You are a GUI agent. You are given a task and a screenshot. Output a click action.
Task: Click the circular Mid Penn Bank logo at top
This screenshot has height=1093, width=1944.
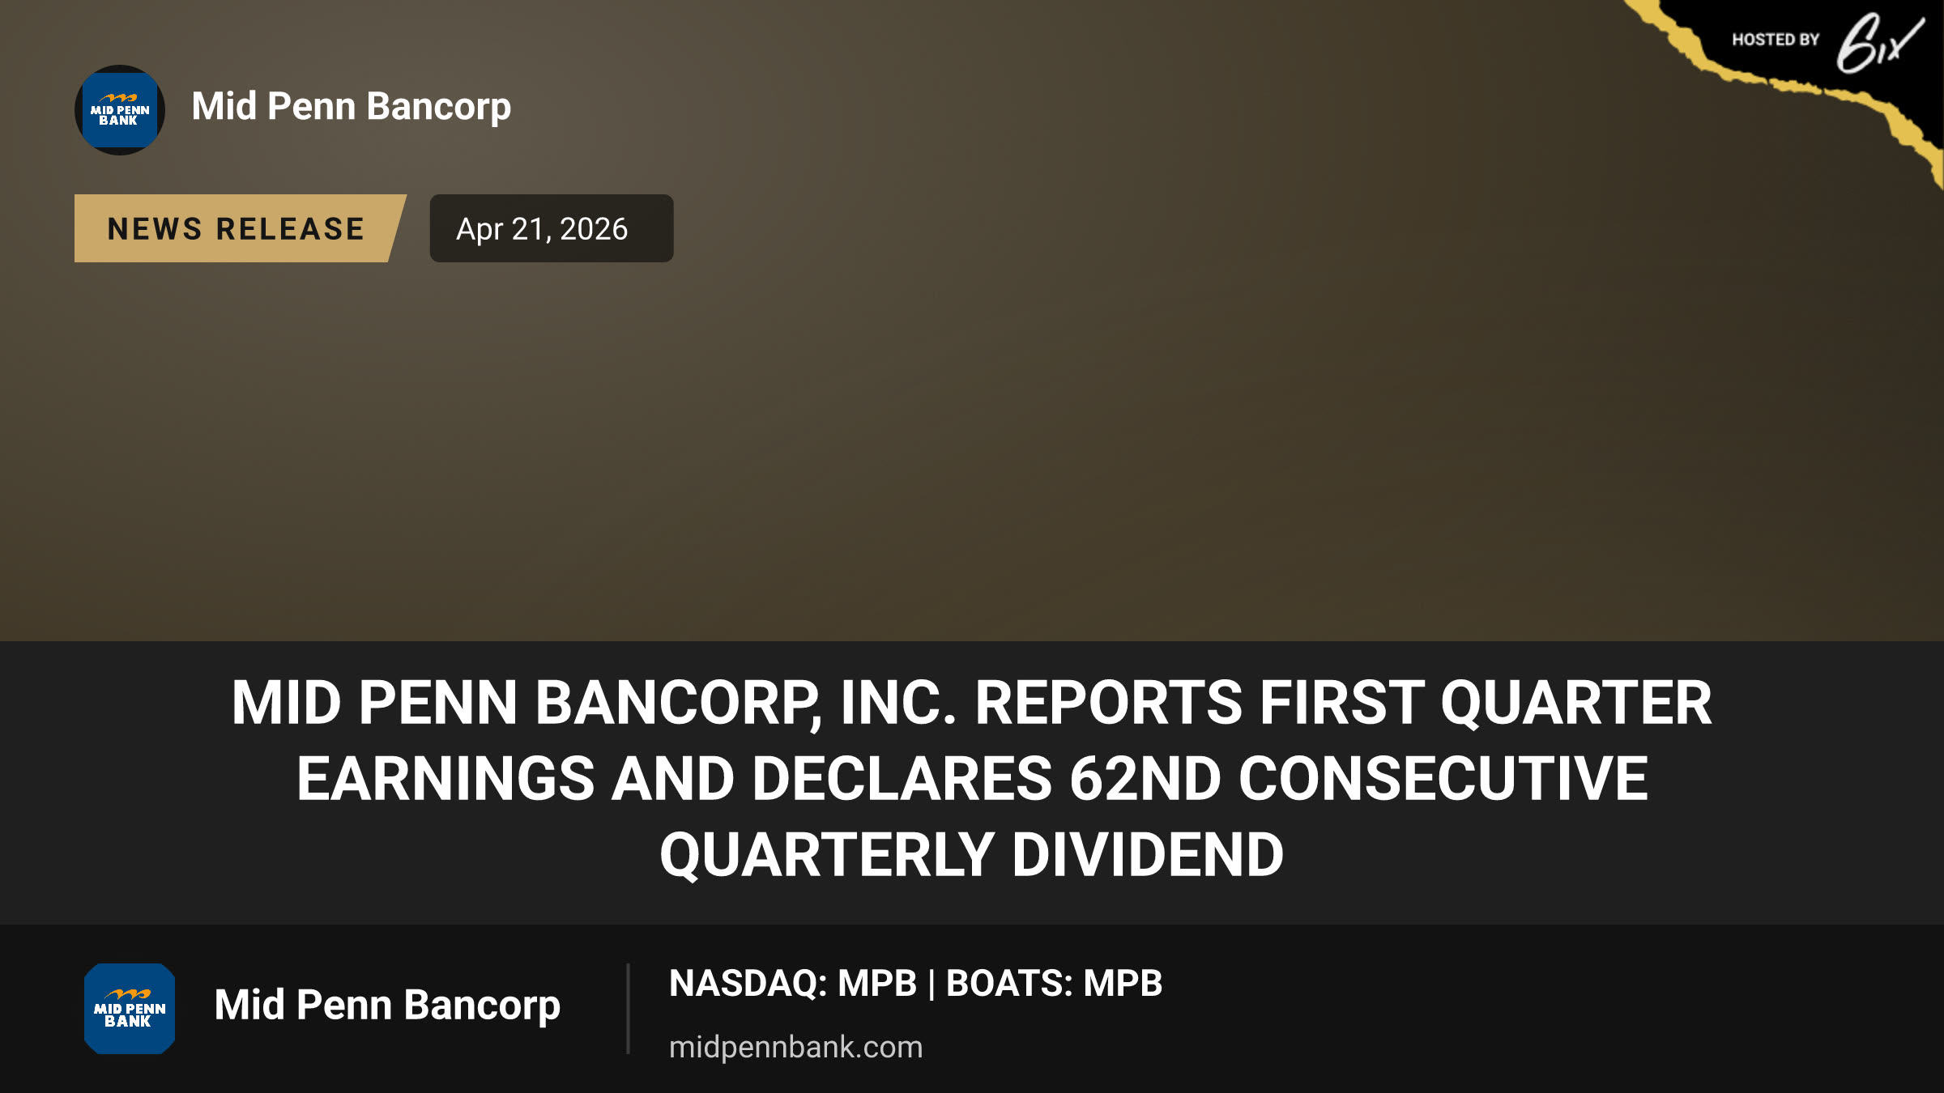tap(120, 110)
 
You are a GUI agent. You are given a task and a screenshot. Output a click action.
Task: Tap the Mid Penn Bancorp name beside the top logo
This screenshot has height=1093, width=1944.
tap(352, 108)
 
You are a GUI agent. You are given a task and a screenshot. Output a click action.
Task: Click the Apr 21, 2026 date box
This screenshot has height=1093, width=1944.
tap(551, 228)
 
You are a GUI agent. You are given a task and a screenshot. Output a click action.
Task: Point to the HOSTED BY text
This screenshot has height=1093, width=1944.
tap(1776, 40)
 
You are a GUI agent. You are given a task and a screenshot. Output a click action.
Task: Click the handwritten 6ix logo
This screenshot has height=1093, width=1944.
tap(1880, 43)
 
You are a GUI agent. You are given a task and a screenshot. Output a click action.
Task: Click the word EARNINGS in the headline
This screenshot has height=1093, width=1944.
tap(446, 779)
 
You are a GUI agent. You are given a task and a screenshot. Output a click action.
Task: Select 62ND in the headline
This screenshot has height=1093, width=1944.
tap(1145, 779)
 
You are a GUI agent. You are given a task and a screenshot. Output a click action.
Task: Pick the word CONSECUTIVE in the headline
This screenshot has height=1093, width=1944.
tap(1443, 779)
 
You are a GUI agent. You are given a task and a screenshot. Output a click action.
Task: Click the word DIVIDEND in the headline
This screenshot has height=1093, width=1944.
tap(1148, 855)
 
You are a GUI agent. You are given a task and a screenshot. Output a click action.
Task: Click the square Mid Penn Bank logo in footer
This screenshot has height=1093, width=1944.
tap(130, 1009)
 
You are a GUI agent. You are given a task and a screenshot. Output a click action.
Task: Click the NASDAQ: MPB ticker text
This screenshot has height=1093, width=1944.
tap(793, 984)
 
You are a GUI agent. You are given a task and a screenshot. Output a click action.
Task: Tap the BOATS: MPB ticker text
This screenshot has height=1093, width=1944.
tap(1055, 984)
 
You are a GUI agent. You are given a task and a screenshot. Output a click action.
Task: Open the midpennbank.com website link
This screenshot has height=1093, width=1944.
tap(796, 1048)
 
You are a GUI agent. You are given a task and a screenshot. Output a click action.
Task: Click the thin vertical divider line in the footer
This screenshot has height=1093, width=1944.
tap(628, 1009)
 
